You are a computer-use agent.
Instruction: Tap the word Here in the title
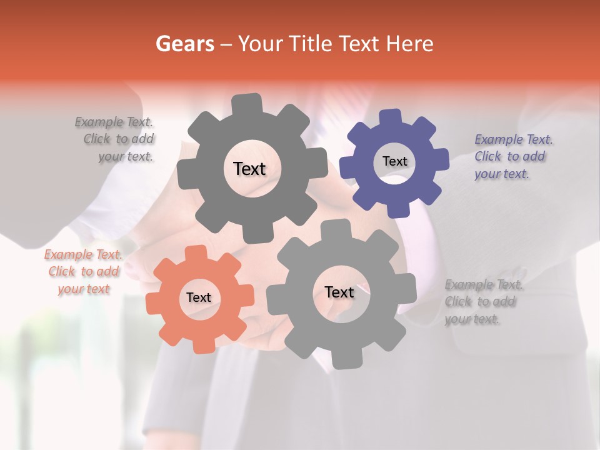[x=410, y=44]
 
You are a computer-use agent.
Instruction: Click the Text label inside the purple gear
[x=394, y=161]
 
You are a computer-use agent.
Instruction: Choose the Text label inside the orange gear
[x=199, y=297]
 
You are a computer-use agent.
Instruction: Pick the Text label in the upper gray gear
[x=249, y=169]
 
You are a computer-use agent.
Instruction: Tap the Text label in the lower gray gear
[x=339, y=292]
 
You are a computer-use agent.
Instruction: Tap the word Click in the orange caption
[x=62, y=272]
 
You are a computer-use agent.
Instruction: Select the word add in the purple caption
[x=534, y=156]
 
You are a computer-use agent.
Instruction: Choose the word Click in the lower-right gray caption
[x=458, y=302]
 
